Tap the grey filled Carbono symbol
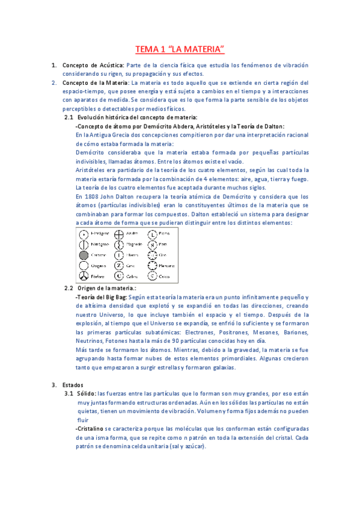(83, 254)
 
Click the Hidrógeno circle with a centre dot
(83, 233)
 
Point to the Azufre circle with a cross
(118, 233)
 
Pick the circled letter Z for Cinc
(118, 265)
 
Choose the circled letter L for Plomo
(153, 233)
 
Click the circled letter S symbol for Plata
(153, 244)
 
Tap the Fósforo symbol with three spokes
(83, 276)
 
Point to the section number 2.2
(69, 288)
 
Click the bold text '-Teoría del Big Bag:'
(101, 297)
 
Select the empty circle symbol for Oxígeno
(83, 265)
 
